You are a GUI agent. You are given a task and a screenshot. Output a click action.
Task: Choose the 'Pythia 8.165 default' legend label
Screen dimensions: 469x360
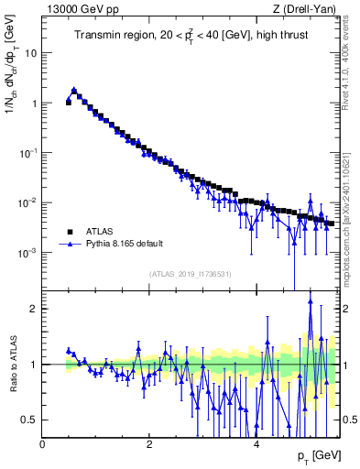131,245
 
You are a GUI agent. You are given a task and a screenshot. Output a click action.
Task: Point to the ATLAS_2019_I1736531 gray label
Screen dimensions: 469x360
190,274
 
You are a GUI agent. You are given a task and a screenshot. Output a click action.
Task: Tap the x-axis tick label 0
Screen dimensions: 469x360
43,443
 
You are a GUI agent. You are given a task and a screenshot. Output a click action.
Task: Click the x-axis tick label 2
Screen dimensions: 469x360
149,443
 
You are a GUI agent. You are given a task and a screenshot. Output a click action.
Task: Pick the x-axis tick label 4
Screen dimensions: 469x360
256,443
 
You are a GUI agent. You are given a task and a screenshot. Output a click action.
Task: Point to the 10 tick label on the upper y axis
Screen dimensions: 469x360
30,53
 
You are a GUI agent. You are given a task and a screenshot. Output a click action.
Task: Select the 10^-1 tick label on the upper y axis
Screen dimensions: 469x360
27,152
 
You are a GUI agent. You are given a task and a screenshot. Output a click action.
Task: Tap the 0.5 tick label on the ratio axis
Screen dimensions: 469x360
29,420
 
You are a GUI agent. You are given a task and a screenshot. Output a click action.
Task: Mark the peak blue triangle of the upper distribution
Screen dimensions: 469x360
74,91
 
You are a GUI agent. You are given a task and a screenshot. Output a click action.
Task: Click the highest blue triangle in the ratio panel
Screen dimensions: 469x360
311,300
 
